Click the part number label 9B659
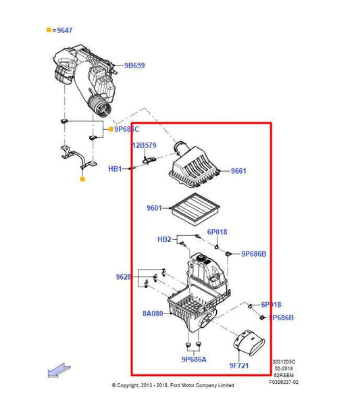(134, 66)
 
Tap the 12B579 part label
(143, 145)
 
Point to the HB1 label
(115, 169)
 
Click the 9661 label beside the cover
(238, 171)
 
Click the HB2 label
(164, 239)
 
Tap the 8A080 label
(152, 314)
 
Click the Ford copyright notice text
(173, 385)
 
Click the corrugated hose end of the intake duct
(101, 107)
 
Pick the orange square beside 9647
(49, 30)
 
